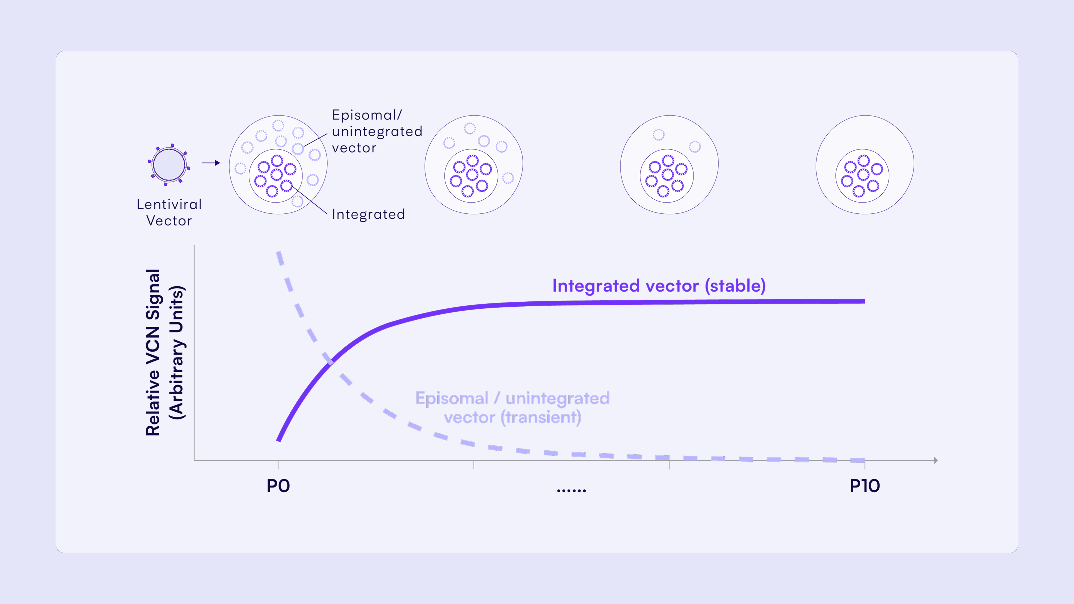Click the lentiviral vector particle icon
tap(169, 165)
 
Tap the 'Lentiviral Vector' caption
tap(169, 213)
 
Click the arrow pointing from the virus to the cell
tap(211, 163)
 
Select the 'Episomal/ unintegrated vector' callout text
tap(377, 131)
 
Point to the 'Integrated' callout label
tap(368, 214)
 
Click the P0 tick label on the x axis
tap(278, 486)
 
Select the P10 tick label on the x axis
tap(865, 486)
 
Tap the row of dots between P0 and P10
tap(572, 491)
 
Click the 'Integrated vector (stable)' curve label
tap(659, 286)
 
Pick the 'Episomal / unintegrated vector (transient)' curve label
tap(512, 408)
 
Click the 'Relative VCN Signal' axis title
tap(153, 353)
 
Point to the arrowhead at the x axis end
tap(936, 460)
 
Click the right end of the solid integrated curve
tap(864, 301)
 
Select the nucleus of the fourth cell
tap(862, 176)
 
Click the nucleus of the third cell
tap(667, 176)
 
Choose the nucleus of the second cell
tap(471, 176)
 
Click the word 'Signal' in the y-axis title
tap(153, 294)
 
